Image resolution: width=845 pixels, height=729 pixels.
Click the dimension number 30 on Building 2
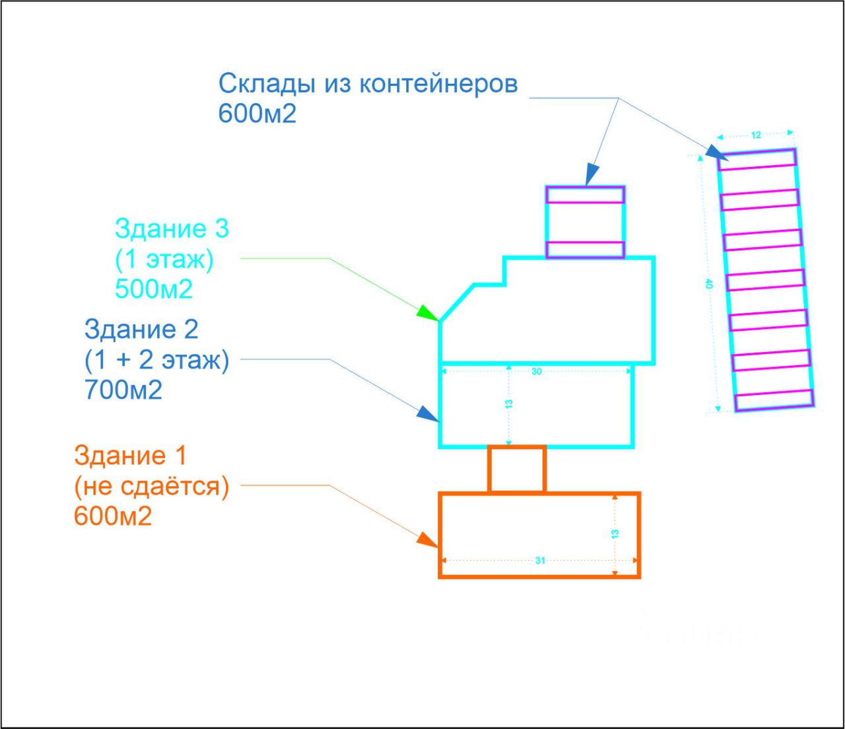coord(536,372)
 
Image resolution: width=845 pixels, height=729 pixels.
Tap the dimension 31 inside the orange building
coord(540,561)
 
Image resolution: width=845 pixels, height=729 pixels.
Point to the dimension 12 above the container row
coord(756,135)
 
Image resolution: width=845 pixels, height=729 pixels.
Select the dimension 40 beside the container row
coord(709,284)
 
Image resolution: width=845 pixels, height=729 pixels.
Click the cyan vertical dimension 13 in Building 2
coord(509,404)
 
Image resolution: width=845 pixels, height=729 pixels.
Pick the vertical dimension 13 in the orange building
coord(615,534)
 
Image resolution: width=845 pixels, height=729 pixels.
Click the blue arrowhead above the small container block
coord(591,174)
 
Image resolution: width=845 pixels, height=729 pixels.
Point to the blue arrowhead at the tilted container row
coord(713,152)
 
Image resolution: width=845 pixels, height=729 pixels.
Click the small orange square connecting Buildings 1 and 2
coord(517,469)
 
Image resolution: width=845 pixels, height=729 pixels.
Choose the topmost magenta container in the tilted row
coord(757,158)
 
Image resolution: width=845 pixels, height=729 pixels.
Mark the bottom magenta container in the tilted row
coord(774,400)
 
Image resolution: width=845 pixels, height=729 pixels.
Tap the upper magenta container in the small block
coord(585,195)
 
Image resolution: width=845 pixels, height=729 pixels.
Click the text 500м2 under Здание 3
coord(154,289)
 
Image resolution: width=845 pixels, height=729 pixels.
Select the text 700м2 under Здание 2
coord(123,390)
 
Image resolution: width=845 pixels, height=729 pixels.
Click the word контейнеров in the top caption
coord(438,84)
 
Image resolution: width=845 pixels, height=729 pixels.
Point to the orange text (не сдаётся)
coord(151,487)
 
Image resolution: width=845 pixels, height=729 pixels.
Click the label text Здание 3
coord(172,228)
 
